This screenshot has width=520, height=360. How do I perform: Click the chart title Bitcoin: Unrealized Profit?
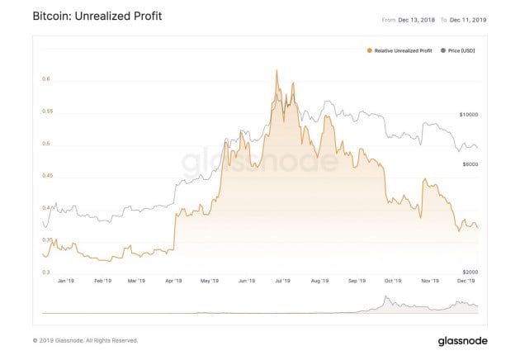(x=96, y=17)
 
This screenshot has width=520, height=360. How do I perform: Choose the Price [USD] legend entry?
(x=460, y=51)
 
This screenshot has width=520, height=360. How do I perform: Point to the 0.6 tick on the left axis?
(x=46, y=79)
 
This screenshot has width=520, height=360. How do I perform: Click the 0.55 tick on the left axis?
(x=48, y=111)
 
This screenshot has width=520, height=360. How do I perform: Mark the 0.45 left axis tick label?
(x=48, y=176)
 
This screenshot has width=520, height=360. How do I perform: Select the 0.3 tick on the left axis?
(x=46, y=272)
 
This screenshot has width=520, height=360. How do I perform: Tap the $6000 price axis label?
(x=470, y=164)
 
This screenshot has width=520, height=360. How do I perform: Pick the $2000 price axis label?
(x=470, y=272)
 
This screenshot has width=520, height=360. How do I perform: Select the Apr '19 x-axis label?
(x=173, y=282)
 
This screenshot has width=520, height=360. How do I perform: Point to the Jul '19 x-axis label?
(x=282, y=282)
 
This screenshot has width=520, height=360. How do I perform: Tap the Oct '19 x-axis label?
(x=394, y=282)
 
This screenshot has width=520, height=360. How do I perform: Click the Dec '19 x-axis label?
(x=467, y=282)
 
